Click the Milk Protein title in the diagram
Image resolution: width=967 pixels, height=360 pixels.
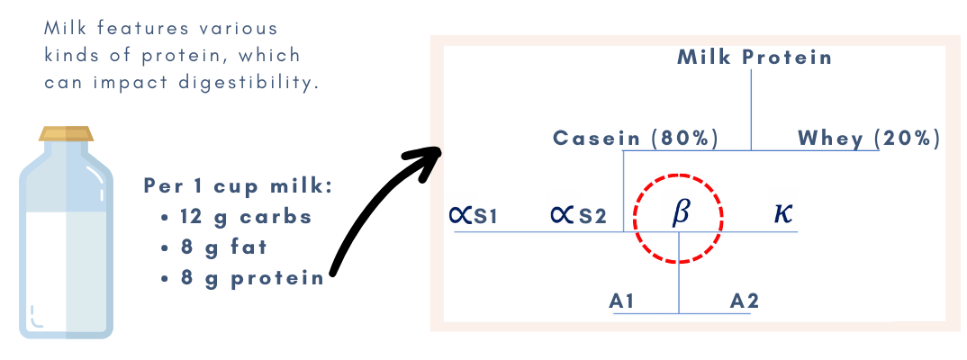coord(755,58)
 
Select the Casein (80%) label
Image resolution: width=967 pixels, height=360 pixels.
coord(636,139)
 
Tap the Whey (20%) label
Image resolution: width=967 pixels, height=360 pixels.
coord(869,139)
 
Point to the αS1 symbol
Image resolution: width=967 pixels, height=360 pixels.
coord(473,216)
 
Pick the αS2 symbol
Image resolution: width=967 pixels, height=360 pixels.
coord(578,216)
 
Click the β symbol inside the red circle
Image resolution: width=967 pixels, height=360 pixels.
coord(681,214)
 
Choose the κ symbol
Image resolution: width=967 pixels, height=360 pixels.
coord(783,215)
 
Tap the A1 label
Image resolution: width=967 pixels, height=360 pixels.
coord(622,301)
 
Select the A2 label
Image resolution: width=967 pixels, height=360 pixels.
coord(745,301)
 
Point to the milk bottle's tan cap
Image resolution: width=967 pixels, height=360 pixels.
coord(66,133)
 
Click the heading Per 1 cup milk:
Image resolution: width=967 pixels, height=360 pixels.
coord(239,187)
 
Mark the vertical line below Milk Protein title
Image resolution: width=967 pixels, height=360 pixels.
coord(751,108)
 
